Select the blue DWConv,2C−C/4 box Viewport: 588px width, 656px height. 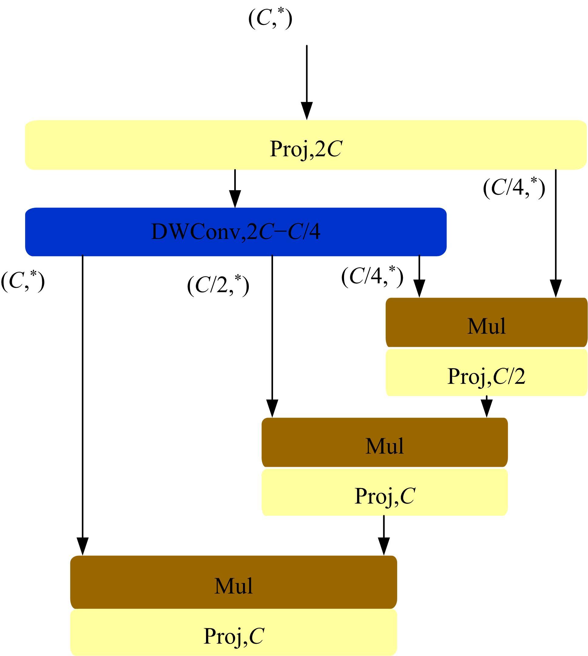[x=235, y=232]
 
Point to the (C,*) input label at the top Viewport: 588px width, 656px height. [x=270, y=19]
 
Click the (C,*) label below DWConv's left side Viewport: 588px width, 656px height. [x=23, y=281]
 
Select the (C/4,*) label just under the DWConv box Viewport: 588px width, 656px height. [x=372, y=277]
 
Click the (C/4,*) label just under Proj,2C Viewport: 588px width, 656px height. [x=514, y=187]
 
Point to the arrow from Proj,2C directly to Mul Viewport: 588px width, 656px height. [x=556, y=233]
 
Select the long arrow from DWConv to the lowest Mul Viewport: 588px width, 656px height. [x=83, y=404]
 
